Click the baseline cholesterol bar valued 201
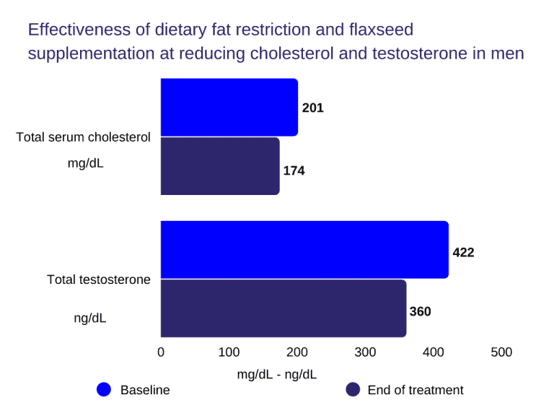(x=229, y=107)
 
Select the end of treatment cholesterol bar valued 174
(x=220, y=166)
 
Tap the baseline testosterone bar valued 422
(x=304, y=249)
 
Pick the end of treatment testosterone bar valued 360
(x=283, y=308)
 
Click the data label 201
(x=313, y=108)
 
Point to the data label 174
(x=294, y=171)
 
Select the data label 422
(x=463, y=253)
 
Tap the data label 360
(x=420, y=312)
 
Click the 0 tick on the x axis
(x=161, y=352)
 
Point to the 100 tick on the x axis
(x=229, y=352)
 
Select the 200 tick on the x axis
(x=297, y=352)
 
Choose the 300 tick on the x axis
(x=365, y=352)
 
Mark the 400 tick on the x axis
(x=434, y=352)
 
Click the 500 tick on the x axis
(x=501, y=352)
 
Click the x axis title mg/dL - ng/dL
(x=277, y=374)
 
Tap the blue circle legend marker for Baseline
(x=104, y=390)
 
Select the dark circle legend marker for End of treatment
(x=353, y=390)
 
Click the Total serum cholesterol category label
(x=84, y=137)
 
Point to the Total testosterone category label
(x=99, y=279)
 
